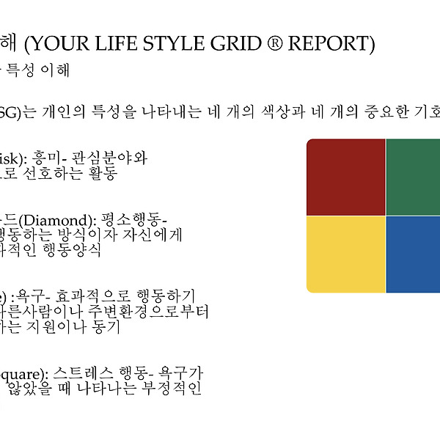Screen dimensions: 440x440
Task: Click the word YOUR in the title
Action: coord(61,43)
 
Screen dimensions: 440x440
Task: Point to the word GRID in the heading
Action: coord(235,43)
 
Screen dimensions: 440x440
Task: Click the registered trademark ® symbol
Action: coord(275,43)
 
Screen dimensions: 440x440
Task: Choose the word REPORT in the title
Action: coord(329,43)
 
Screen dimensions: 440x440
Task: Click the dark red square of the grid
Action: coord(345,177)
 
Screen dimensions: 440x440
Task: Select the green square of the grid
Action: coord(413,177)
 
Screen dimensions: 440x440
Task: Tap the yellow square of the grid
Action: coord(345,254)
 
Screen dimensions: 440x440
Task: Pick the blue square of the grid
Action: coord(413,254)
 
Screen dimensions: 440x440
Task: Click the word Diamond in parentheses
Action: coord(58,221)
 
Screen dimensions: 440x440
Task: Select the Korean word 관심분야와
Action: coord(109,158)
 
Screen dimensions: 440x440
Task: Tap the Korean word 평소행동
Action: coord(131,220)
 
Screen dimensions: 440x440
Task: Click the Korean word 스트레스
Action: coord(83,374)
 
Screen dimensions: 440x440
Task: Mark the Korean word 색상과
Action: coord(283,111)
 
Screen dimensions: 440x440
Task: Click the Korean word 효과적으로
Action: coord(92,296)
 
